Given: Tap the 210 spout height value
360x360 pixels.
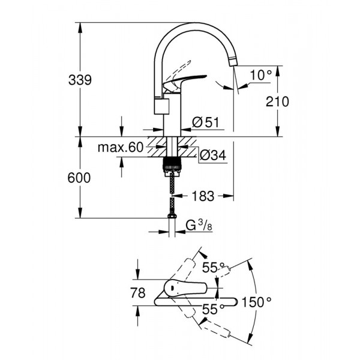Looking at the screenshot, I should click(x=277, y=101).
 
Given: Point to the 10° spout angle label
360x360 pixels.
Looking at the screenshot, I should click(x=261, y=76).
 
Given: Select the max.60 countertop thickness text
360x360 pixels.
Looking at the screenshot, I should click(x=121, y=148).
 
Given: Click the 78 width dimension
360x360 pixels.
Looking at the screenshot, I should click(x=138, y=293).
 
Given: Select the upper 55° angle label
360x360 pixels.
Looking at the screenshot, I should click(x=213, y=268).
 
